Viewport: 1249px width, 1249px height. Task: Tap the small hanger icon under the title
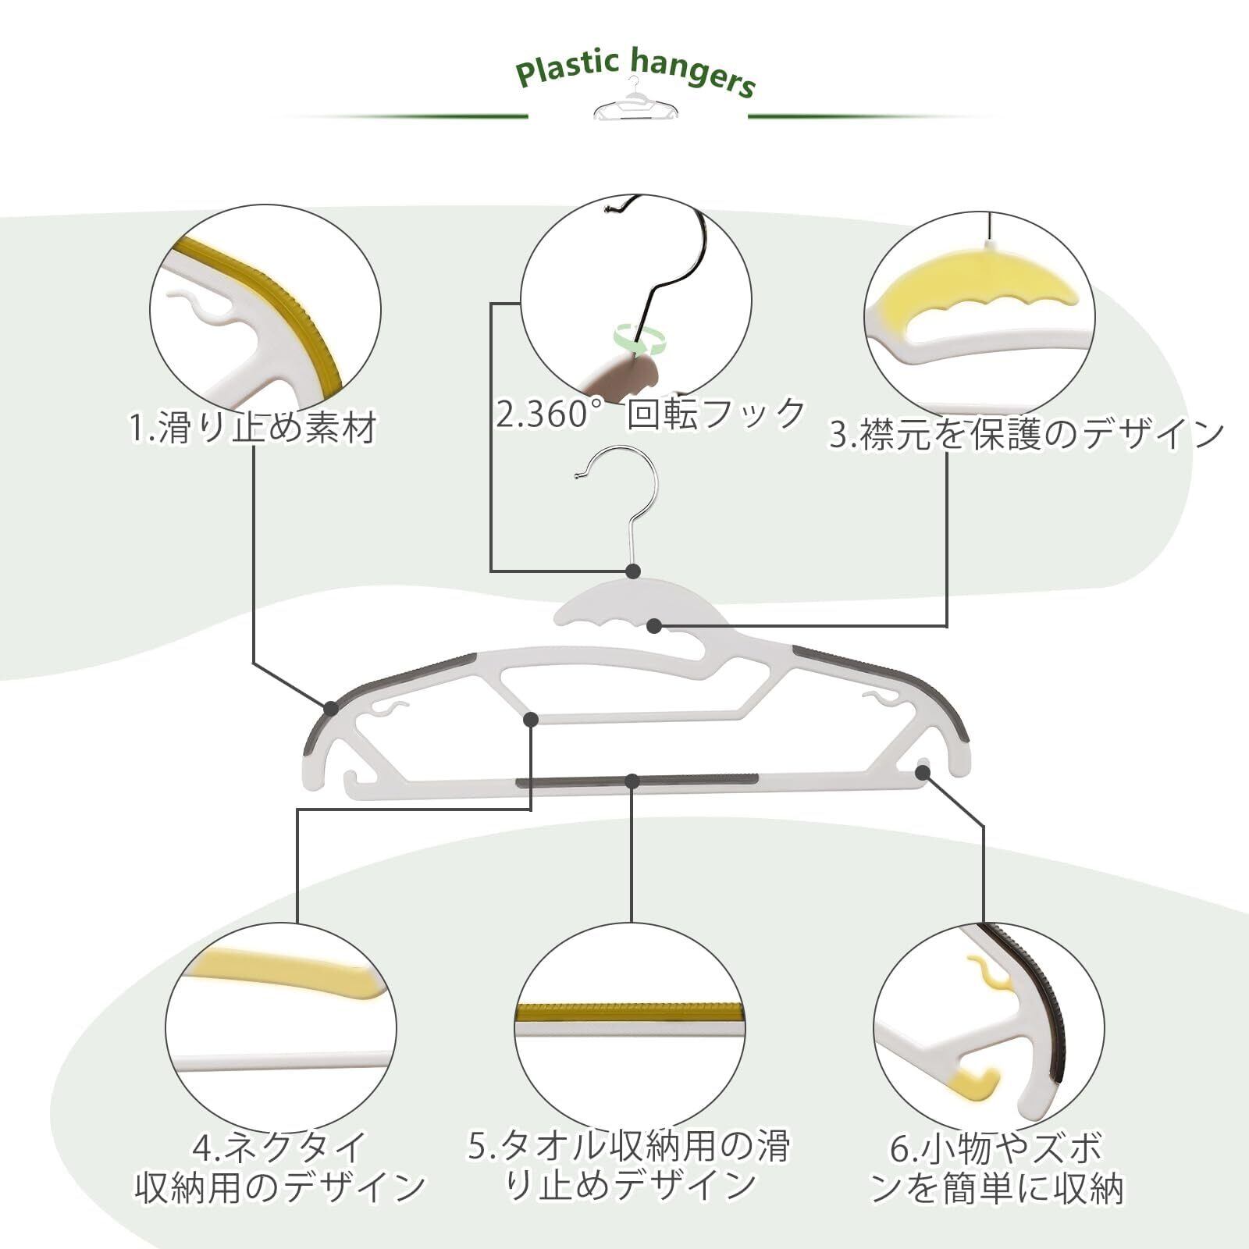click(x=635, y=103)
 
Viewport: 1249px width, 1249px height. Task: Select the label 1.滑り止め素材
click(x=253, y=428)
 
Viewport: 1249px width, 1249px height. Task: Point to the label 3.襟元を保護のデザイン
click(x=1026, y=434)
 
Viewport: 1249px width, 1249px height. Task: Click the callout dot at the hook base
click(x=633, y=571)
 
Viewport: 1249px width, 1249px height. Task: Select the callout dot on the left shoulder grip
click(x=331, y=708)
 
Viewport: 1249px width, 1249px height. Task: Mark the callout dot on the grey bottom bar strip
click(x=632, y=781)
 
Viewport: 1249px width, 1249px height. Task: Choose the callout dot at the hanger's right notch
click(x=923, y=772)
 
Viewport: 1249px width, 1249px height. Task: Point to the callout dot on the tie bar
click(x=531, y=719)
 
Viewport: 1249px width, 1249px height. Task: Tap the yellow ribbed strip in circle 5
click(x=629, y=1012)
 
